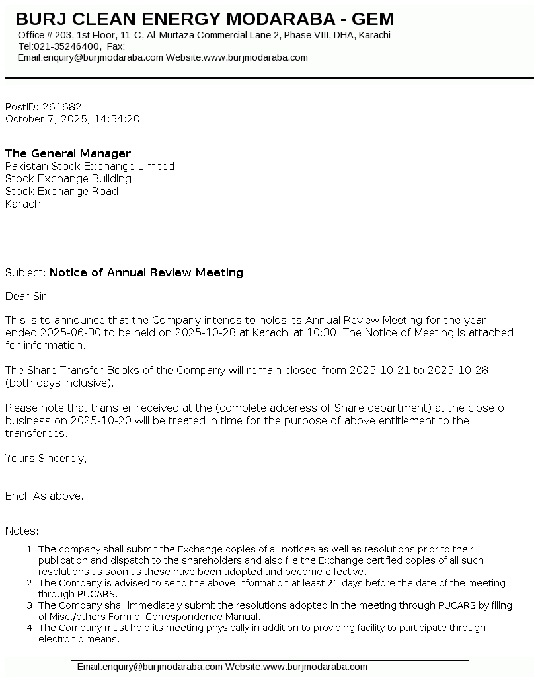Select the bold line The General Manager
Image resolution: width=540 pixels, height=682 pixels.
tap(68, 154)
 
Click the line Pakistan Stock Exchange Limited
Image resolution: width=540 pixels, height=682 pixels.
tap(90, 167)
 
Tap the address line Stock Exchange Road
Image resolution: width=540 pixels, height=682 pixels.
tap(61, 192)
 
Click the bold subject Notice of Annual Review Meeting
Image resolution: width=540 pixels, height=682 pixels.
tap(146, 273)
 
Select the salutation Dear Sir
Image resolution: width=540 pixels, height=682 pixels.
tap(27, 297)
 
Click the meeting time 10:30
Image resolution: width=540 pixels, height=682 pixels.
tap(322, 333)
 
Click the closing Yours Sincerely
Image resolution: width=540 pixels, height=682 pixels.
tap(46, 459)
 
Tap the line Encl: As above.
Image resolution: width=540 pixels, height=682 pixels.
tap(44, 496)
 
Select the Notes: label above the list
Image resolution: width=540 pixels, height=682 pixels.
tap(22, 531)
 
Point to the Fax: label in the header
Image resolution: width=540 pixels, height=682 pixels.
tap(116, 46)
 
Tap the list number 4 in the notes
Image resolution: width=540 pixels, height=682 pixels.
tap(30, 628)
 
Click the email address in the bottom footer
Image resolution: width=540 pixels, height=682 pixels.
tap(150, 667)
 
